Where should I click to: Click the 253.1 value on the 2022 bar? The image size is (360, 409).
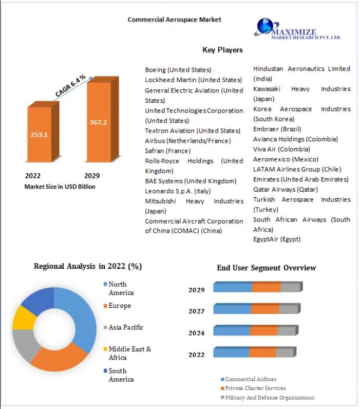coord(39,135)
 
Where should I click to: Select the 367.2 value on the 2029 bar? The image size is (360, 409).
coord(98,122)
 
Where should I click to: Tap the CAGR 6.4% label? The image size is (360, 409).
coord(70,86)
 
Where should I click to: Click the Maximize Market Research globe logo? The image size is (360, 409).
coord(265,26)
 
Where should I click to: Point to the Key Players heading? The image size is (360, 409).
coord(222,50)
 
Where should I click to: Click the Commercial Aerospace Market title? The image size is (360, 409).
coord(175,20)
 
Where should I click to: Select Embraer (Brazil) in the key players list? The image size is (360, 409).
coord(277,129)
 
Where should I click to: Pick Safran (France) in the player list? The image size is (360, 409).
coord(167,151)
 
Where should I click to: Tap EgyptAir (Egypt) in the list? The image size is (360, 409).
coord(277,239)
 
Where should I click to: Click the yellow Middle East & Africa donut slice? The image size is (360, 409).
coord(24,318)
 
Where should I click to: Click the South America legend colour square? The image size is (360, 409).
coord(105,370)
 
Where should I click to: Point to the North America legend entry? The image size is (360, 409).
coord(119,288)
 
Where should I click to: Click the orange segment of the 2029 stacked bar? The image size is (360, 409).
coord(267,287)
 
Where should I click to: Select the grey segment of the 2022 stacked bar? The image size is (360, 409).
coord(285,352)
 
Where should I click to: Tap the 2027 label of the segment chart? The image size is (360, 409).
coord(197,311)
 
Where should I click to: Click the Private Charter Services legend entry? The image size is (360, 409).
coord(253,388)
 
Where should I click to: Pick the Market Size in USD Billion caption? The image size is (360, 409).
coord(60,187)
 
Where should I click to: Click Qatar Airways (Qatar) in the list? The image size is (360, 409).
coord(286,190)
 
